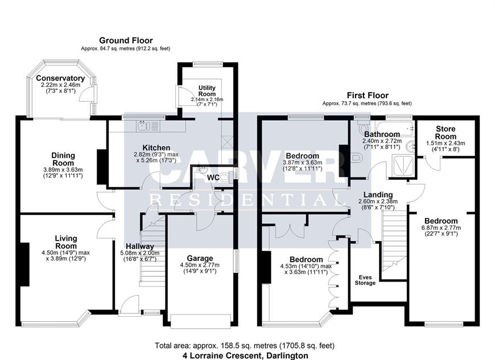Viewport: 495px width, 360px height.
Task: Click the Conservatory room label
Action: click(60, 78)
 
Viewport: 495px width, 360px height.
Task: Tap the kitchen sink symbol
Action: click(148, 126)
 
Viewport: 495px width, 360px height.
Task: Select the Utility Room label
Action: click(207, 91)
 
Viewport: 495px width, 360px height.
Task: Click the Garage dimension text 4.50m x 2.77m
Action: click(200, 265)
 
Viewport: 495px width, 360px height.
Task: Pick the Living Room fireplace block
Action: click(25, 264)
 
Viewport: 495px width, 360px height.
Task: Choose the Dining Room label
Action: click(63, 159)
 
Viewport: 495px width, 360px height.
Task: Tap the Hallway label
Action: click(140, 246)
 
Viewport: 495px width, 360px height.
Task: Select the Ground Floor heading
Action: click(126, 40)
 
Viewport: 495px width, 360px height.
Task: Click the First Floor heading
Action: click(368, 96)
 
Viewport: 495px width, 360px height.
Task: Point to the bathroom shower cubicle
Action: click(403, 165)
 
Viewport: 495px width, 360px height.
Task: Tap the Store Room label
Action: click(445, 133)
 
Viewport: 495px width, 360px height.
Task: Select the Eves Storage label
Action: click(365, 280)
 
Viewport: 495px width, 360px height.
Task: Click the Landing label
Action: click(378, 195)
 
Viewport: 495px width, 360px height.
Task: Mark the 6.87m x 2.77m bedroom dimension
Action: click(441, 228)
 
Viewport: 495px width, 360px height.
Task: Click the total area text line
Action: click(244, 345)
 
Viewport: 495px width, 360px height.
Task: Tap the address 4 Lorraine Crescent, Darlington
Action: click(245, 355)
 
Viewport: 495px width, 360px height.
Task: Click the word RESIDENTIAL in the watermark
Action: click(245, 200)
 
